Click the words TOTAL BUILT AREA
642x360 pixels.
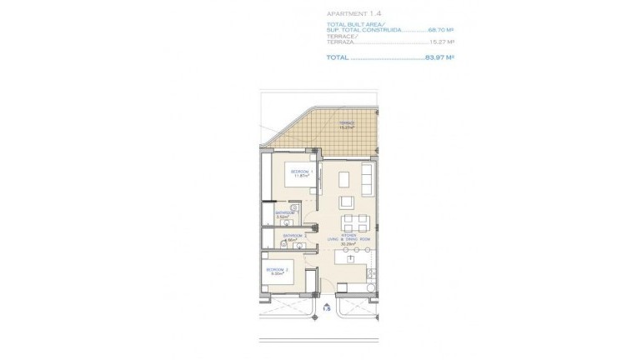(354, 25)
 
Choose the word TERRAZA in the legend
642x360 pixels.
(341, 42)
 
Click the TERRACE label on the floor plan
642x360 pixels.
(345, 123)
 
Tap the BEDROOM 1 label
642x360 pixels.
(300, 171)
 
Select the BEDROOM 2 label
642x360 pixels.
(277, 270)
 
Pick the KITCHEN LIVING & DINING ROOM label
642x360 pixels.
(348, 237)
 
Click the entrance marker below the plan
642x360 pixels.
(328, 308)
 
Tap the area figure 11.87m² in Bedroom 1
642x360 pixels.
(300, 176)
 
